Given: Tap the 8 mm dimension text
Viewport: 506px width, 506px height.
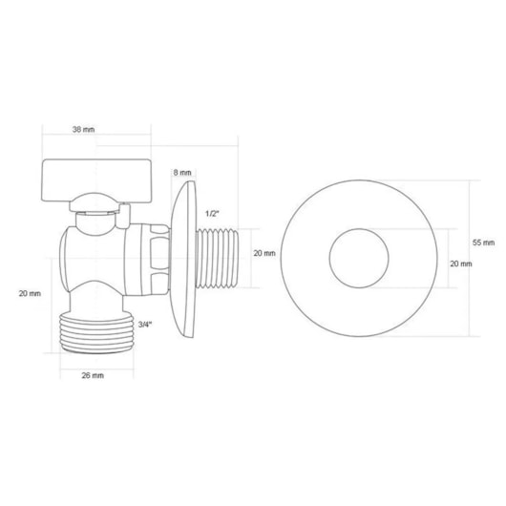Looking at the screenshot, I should pyautogui.click(x=181, y=172).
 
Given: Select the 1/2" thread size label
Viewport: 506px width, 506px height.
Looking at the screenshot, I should pyautogui.click(x=213, y=215).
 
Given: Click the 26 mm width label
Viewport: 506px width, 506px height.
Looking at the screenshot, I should pyautogui.click(x=91, y=374).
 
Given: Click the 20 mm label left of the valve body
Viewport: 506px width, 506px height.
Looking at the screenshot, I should pyautogui.click(x=31, y=294).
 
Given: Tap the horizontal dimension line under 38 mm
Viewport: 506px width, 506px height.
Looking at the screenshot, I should pyautogui.click(x=134, y=144).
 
